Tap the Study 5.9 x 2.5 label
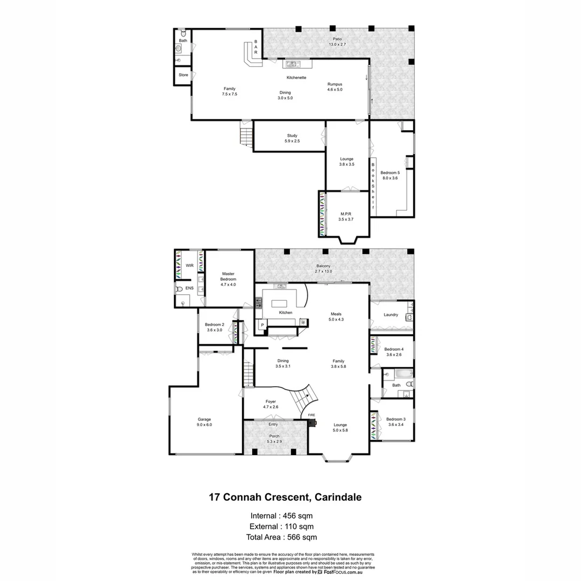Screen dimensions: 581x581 (x=292, y=138)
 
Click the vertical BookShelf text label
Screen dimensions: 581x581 (x=373, y=185)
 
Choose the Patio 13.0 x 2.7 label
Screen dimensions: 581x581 (x=337, y=42)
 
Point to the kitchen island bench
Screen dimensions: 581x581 (x=279, y=303)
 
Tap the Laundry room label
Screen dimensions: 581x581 (x=391, y=315)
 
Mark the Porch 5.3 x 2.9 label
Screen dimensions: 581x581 (x=274, y=438)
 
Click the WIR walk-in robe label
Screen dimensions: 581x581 (x=189, y=266)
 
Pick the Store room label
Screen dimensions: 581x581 (x=183, y=75)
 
